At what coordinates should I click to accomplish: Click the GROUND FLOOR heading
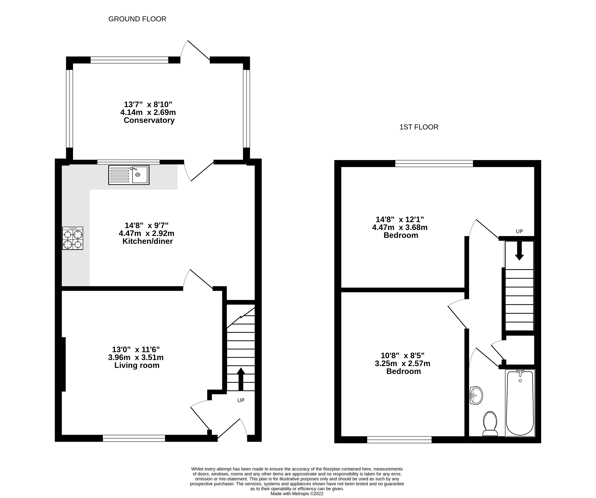[137, 19]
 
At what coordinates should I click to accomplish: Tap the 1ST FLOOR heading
[419, 127]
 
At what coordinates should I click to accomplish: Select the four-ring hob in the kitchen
[73, 238]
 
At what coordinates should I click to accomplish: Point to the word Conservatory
[149, 120]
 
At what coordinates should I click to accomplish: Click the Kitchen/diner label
[148, 241]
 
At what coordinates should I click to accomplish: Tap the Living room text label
[137, 365]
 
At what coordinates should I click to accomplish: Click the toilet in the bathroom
[490, 424]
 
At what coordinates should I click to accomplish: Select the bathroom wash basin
[476, 395]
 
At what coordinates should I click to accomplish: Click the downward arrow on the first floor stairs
[519, 251]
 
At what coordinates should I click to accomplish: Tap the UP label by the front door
[241, 400]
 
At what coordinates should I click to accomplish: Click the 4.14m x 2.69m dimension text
[148, 112]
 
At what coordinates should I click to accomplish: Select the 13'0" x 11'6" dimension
[136, 349]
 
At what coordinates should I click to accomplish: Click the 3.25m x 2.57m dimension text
[402, 364]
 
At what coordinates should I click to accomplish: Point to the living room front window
[134, 438]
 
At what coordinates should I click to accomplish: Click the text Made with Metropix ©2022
[297, 494]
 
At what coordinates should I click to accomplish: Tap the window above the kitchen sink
[128, 162]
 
